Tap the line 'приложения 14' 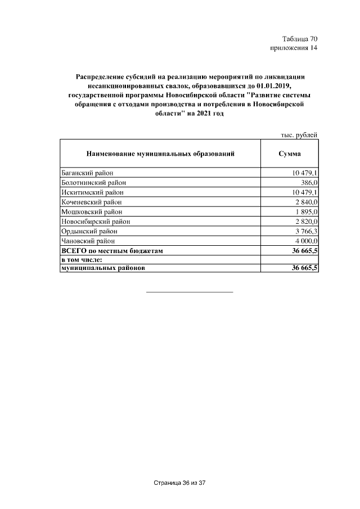click(x=295, y=48)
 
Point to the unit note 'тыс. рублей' click(x=299, y=135)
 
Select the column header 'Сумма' click(x=289, y=154)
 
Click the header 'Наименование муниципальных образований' click(x=160, y=154)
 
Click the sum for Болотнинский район click(x=308, y=182)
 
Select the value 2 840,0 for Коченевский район click(x=305, y=201)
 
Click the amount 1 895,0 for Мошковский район click(x=305, y=211)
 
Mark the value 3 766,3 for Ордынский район click(x=305, y=231)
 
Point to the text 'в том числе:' click(x=81, y=259)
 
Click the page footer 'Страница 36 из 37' click(x=180, y=483)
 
